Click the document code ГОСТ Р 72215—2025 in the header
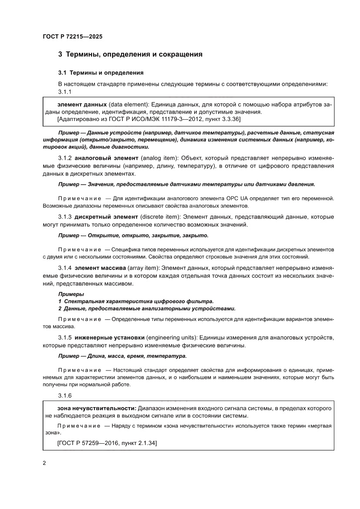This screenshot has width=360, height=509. pos(73,37)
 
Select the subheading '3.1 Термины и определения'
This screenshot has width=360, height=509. pos(101,72)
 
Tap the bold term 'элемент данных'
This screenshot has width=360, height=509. pos(82,105)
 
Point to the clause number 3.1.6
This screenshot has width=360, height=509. pos(65,395)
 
